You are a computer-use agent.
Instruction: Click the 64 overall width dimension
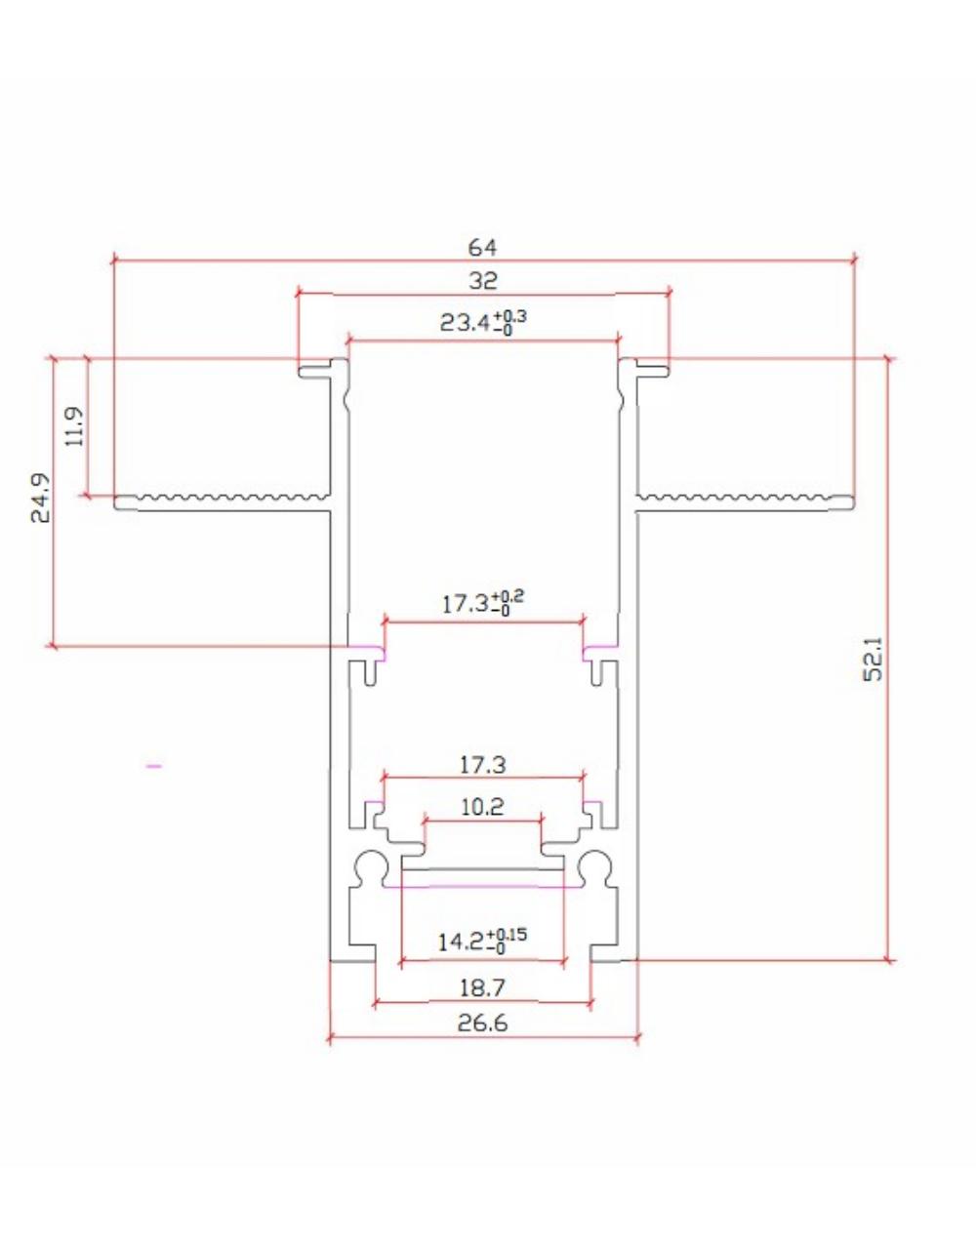(x=482, y=248)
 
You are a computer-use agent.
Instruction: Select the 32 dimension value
(x=482, y=281)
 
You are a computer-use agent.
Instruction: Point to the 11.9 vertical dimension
(x=75, y=426)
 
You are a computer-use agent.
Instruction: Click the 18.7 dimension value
(x=482, y=988)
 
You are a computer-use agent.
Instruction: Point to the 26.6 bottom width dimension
(x=482, y=1023)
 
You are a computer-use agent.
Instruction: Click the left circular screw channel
(x=371, y=866)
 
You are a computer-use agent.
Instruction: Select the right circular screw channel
(x=593, y=866)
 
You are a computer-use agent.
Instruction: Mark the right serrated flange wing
(x=746, y=502)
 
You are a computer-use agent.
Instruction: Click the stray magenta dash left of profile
(x=153, y=767)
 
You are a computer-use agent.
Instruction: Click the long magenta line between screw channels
(x=482, y=887)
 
